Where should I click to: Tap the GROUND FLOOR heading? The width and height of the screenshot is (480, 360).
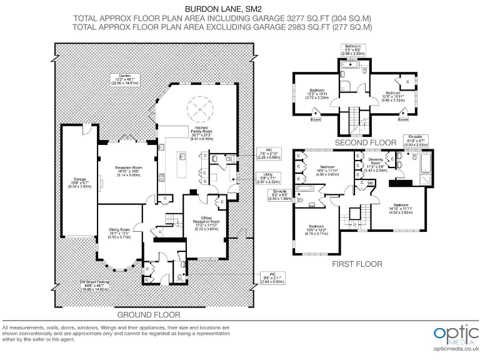150,314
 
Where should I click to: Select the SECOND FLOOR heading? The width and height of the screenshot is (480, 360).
366,142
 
